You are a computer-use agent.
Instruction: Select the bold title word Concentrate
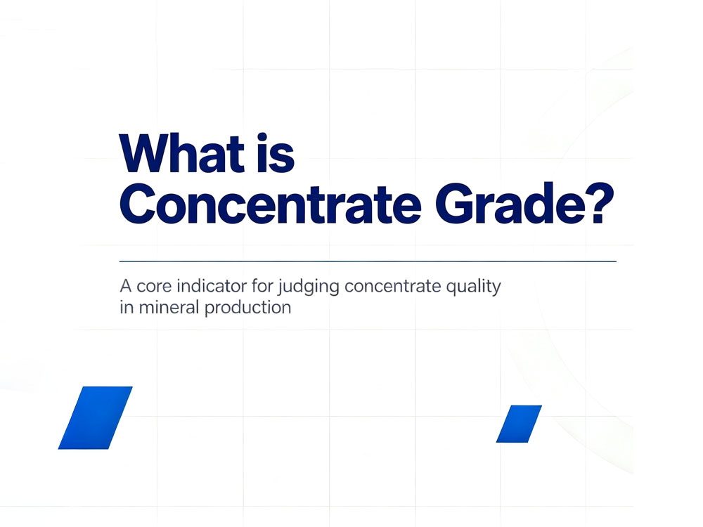pos(270,204)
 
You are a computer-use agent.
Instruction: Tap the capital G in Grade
pos(456,204)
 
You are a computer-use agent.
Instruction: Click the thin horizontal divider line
pos(368,261)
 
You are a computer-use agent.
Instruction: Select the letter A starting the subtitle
pos(126,286)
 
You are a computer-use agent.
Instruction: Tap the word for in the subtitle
pos(262,285)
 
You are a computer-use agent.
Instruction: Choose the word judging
pos(309,287)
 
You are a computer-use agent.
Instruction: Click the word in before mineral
pos(127,307)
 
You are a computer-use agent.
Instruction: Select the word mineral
pos(169,307)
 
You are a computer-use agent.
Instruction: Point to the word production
pos(248,308)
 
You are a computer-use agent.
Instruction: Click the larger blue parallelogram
pos(96,417)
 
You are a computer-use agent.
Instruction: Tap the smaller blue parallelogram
pos(519,424)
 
